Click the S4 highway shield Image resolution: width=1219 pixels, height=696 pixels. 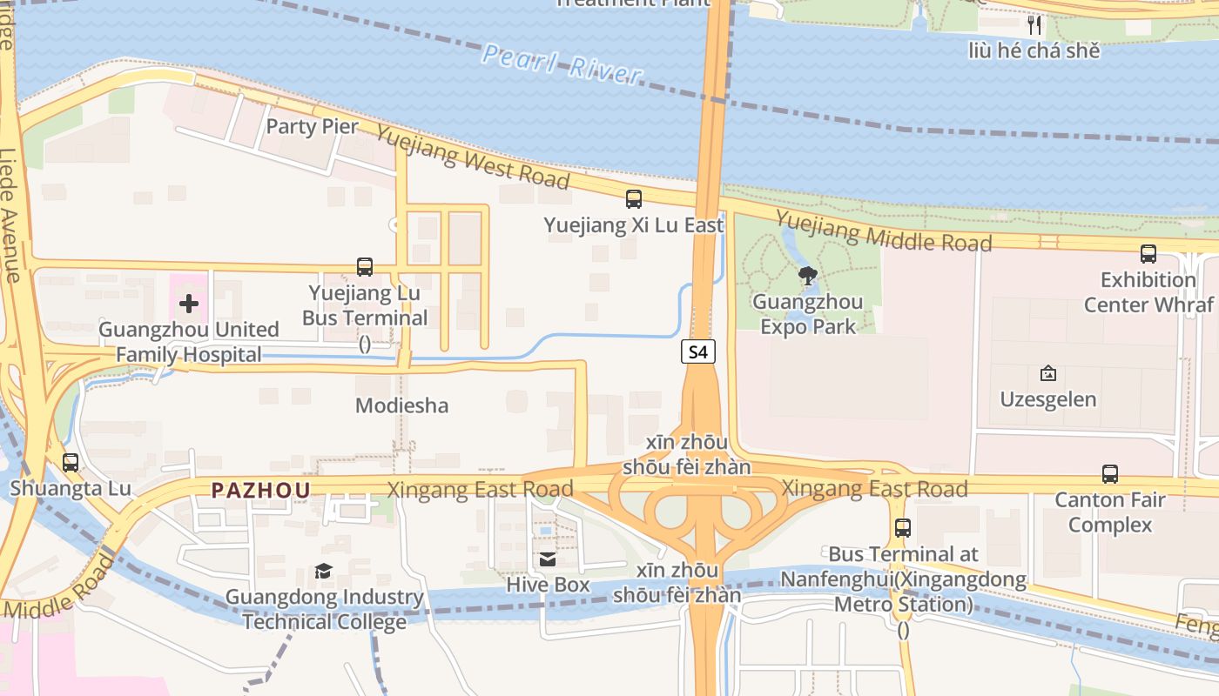tap(697, 351)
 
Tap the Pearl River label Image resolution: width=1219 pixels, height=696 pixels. tap(562, 64)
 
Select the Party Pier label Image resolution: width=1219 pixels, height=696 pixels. tap(312, 126)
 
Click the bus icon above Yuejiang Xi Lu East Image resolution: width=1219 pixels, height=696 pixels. tap(634, 199)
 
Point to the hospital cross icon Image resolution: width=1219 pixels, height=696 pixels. tap(188, 304)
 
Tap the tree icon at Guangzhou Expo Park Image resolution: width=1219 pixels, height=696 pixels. tap(807, 277)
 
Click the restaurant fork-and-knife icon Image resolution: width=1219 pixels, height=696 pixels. tap(1034, 24)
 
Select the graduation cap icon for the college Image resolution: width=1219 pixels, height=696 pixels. tap(324, 571)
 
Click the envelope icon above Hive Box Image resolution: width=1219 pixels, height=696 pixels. tap(548, 559)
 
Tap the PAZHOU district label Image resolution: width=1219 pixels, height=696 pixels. tap(260, 490)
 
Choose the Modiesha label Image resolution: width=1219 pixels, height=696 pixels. tap(402, 405)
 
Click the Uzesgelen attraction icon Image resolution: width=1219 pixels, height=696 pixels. tap(1047, 373)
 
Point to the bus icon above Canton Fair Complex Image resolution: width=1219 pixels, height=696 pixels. tap(1109, 474)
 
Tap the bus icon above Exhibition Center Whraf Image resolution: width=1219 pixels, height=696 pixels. tap(1148, 254)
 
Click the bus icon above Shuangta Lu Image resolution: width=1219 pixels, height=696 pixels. tap(71, 463)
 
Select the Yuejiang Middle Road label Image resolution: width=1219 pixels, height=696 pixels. tap(883, 231)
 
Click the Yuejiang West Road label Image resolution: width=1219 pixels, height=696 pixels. tap(473, 157)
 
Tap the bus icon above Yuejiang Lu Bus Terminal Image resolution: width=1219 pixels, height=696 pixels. tap(365, 267)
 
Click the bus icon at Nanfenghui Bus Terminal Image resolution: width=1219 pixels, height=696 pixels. tap(903, 528)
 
